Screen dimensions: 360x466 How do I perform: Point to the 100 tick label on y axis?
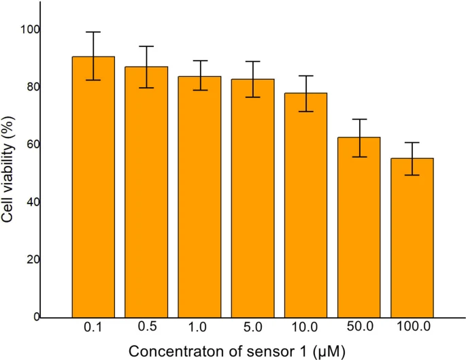[x=30, y=29]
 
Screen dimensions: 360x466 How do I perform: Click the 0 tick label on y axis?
[x=35, y=317]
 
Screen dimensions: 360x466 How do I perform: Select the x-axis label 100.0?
[x=412, y=327]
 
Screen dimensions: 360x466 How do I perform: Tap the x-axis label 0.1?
[x=93, y=327]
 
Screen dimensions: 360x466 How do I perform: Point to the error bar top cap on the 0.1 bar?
[x=93, y=32]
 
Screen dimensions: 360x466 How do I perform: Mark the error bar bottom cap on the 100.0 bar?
[x=412, y=175]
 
